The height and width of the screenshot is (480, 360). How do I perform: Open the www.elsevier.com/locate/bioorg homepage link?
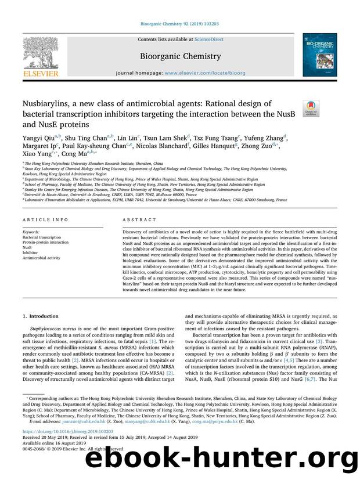point(214,75)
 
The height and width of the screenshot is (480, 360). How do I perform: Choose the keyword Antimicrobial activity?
point(41,258)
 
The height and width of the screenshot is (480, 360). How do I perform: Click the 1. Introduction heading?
point(40,316)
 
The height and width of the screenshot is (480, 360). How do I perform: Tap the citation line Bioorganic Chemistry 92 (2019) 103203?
point(179,24)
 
